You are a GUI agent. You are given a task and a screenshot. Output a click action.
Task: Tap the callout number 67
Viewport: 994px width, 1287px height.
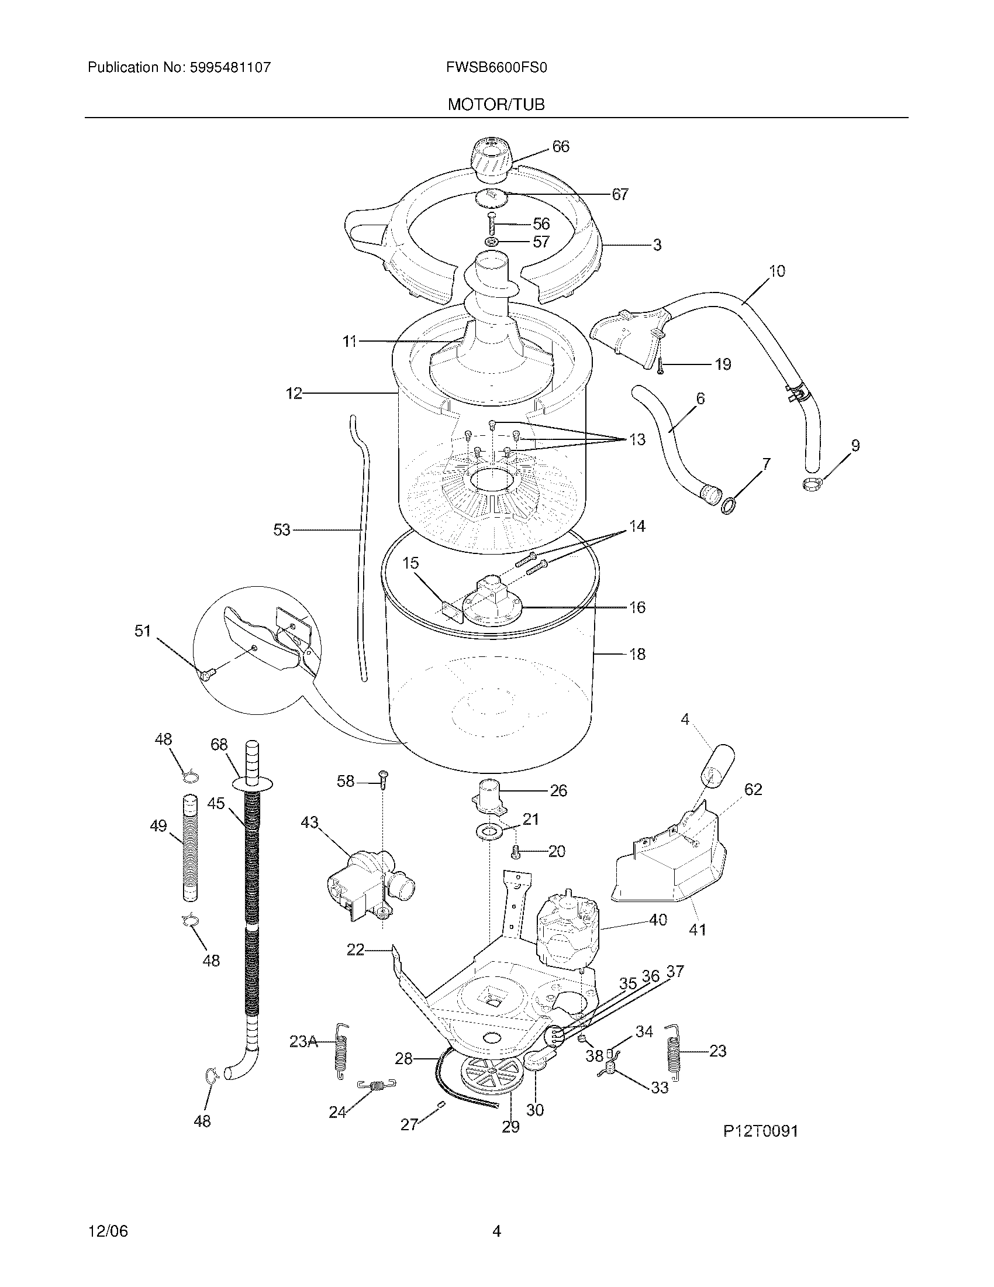tap(620, 194)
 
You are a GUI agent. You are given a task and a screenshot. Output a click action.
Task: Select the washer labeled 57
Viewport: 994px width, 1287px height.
tap(492, 242)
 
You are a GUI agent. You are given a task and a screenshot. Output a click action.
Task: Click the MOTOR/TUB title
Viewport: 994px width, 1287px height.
tap(496, 105)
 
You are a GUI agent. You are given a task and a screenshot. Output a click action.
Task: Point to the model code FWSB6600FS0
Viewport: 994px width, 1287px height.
tap(496, 67)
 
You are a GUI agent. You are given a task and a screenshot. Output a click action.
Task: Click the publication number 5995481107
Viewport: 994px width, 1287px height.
tap(230, 67)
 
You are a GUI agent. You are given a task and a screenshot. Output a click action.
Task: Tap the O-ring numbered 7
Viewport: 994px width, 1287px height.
tap(729, 505)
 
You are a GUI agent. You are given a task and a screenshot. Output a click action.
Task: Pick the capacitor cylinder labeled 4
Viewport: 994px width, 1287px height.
tap(719, 765)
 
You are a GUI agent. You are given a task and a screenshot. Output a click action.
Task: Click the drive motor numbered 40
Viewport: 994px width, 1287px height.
tap(565, 936)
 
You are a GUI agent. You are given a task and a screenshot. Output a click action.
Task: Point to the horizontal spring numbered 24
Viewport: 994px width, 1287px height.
tap(377, 1084)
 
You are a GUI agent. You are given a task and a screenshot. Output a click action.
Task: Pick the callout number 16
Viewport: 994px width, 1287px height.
tap(637, 607)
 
